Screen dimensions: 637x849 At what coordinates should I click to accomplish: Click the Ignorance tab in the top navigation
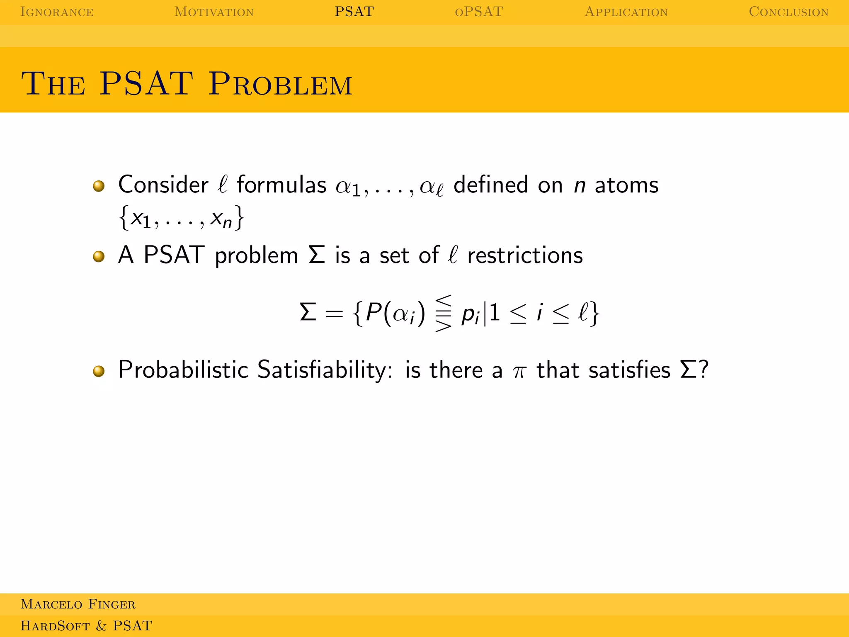coord(57,12)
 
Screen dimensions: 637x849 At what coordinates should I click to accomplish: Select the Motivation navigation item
coord(214,12)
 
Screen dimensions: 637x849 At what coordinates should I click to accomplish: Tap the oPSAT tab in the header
coord(479,12)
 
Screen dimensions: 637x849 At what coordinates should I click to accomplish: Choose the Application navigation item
coord(626,12)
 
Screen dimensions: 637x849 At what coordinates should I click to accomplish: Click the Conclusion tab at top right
coord(788,12)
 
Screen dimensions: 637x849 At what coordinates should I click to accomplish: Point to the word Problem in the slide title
coord(280,84)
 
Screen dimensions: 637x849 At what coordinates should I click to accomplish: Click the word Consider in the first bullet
coord(163,185)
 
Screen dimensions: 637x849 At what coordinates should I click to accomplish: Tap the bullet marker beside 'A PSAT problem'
coord(99,256)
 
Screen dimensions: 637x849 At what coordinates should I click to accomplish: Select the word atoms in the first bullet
coord(626,185)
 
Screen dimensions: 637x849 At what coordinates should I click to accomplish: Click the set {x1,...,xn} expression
coord(181,218)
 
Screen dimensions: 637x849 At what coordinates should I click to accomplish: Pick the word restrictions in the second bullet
coord(525,255)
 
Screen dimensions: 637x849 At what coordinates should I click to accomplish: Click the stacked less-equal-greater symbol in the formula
coord(443,313)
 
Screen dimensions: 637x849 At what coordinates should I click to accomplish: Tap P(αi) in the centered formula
coord(395,313)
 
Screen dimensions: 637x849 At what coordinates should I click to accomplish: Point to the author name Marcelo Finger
coord(78,604)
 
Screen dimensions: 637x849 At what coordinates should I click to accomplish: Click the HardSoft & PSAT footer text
coord(86,625)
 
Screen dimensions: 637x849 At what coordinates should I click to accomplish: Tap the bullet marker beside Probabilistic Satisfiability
coord(99,371)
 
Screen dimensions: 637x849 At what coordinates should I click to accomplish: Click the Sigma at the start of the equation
coord(308,312)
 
